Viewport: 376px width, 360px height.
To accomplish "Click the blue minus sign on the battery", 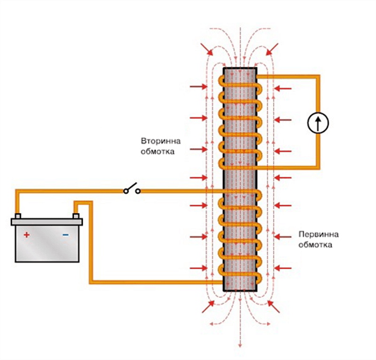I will coord(65,234).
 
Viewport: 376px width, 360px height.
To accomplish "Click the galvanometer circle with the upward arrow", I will coord(318,123).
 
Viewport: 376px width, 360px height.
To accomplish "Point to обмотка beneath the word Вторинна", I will coord(157,152).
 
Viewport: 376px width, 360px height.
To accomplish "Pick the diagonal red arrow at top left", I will coord(206,49).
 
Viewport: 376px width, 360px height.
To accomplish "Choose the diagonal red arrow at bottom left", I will coord(206,307).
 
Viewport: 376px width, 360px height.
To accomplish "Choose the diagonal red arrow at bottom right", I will coord(274,307).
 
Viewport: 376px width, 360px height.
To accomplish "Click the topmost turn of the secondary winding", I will coord(240,85).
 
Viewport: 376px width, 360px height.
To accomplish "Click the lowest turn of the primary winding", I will coord(240,273).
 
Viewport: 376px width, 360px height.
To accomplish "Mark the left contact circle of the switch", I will coord(126,191).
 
